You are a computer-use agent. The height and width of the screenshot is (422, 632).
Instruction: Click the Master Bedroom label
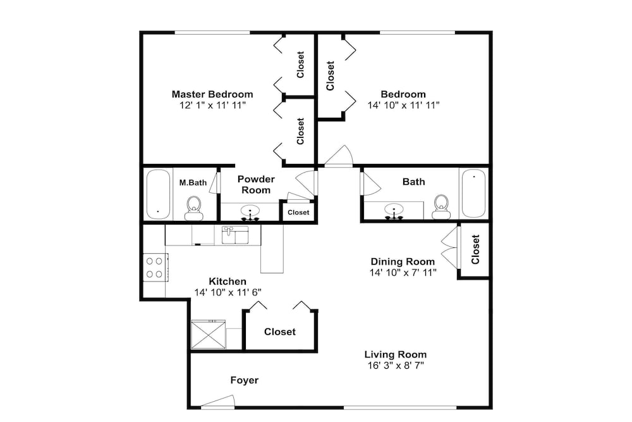pos(212,94)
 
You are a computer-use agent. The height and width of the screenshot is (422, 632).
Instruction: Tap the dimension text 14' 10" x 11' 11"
pos(403,105)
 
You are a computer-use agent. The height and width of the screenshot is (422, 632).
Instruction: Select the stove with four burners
pos(155,268)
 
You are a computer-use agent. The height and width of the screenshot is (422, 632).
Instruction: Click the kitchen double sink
pos(235,235)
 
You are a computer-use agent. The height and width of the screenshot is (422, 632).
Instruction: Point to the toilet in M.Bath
pos(194,208)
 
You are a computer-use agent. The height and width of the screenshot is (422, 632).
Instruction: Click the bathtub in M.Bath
pos(158,194)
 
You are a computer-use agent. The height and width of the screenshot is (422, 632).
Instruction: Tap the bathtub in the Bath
pos(473,193)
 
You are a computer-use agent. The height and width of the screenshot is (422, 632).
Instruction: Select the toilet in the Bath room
pos(441,207)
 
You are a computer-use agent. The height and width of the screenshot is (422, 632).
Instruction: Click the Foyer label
pos(245,380)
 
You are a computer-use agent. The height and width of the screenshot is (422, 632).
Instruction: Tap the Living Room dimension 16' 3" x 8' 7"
pos(396,366)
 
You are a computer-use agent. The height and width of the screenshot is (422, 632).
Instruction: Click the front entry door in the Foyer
pos(218,401)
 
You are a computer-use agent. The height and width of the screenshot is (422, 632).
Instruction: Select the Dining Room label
pos(403,261)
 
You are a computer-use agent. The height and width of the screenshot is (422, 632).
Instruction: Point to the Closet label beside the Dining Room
pos(476,249)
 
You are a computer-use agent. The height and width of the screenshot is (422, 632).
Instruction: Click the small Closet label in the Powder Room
pos(299,213)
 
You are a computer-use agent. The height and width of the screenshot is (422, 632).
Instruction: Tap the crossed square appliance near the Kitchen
pos(208,335)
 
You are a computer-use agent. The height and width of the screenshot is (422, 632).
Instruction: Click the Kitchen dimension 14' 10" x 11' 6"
pos(228,292)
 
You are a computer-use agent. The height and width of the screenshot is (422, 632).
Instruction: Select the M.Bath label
pos(193,183)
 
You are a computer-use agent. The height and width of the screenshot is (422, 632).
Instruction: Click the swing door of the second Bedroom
pos(339,156)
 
